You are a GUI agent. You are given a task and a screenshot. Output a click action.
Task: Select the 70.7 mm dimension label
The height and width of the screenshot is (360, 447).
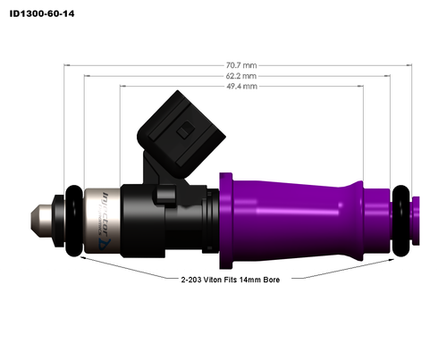click(x=241, y=65)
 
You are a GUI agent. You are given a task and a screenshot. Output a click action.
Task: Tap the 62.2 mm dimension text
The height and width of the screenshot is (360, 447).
click(x=241, y=76)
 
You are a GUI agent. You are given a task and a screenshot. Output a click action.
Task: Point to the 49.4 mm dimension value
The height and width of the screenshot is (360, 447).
click(x=241, y=88)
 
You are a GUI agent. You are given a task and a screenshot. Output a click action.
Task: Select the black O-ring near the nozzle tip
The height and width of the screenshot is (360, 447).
click(x=64, y=217)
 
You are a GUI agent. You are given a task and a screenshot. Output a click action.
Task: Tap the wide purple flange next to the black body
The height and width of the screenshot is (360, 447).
click(x=225, y=215)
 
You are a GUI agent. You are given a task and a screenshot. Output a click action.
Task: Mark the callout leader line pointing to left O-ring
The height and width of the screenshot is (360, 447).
click(x=125, y=267)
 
